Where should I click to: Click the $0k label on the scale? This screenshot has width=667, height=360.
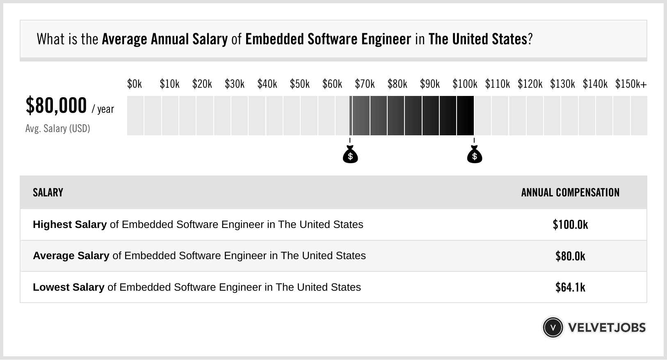(135, 84)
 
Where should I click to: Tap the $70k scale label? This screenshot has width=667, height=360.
(365, 84)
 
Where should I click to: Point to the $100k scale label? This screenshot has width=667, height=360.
(465, 84)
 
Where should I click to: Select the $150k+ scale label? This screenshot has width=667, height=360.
(631, 84)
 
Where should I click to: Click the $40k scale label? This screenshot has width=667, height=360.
(267, 84)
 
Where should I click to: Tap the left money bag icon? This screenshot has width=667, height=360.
(350, 155)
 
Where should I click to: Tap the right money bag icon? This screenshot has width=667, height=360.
(475, 155)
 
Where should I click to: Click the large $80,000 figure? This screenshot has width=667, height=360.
(56, 106)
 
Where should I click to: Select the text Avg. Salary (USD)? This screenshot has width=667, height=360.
(57, 129)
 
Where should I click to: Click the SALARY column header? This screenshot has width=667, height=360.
(48, 193)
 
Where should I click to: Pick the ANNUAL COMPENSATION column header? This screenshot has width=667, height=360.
(570, 193)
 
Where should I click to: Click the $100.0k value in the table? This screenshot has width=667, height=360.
(570, 225)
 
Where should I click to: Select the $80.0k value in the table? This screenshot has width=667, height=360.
(570, 256)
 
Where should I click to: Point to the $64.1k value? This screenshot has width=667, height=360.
(570, 287)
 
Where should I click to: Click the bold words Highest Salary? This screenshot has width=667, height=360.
(70, 225)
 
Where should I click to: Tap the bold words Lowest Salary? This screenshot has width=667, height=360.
(69, 287)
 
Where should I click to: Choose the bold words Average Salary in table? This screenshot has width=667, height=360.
(71, 256)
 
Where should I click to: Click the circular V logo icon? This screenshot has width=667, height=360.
(553, 328)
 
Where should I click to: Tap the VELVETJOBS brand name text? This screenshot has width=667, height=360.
(607, 328)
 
